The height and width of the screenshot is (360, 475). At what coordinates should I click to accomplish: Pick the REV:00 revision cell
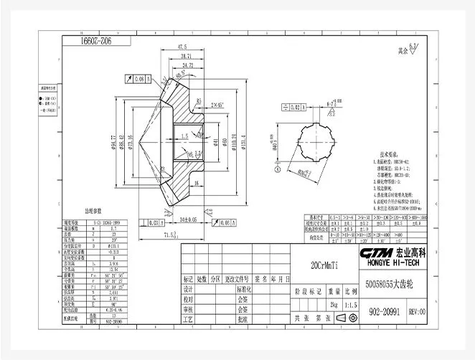[417, 312]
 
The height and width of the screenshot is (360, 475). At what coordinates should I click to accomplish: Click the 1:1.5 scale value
[350, 304]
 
